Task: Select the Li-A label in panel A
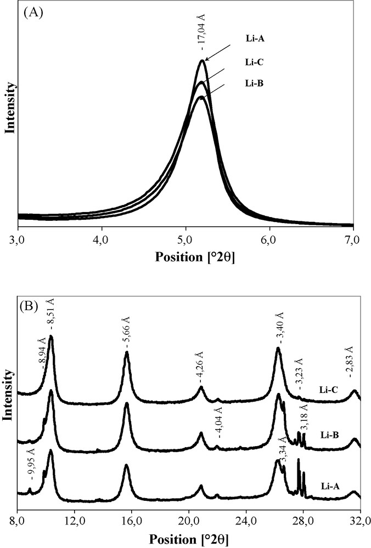coord(255,39)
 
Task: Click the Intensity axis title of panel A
coord(9,109)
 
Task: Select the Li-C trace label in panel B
coord(328,390)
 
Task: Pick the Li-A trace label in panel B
coord(328,484)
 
